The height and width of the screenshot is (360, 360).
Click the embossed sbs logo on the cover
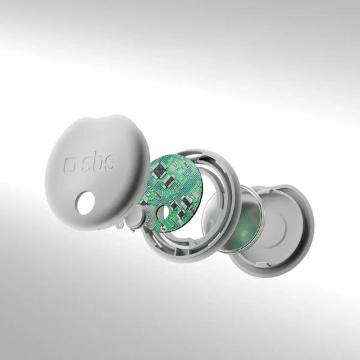[x=90, y=163]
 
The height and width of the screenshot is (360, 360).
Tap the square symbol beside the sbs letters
[x=69, y=165]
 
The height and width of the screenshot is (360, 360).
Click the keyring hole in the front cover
[x=85, y=203]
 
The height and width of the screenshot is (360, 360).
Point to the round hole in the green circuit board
[x=163, y=212]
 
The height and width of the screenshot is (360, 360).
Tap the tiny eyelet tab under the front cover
[x=119, y=224]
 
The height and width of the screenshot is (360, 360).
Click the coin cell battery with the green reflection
[x=233, y=220]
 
